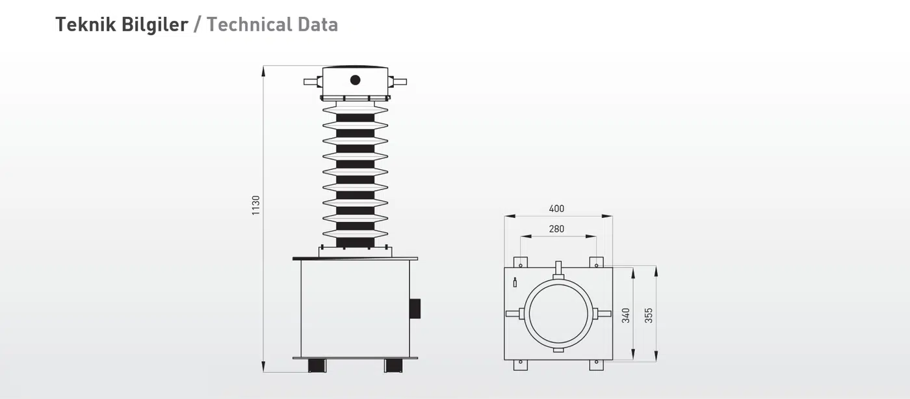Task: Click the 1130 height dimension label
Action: coord(255,206)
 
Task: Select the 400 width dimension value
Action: coord(556,209)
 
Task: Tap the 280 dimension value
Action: coord(556,229)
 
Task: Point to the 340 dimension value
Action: coord(625,316)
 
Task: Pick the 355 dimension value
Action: coord(649,316)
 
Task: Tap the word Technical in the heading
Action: coord(249,24)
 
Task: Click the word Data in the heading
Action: coord(318,24)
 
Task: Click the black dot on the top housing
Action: coord(355,80)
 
